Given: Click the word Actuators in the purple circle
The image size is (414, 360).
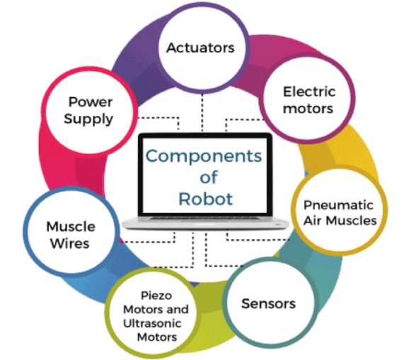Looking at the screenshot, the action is (x=200, y=48).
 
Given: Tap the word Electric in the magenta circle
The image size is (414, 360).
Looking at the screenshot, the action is (x=309, y=92).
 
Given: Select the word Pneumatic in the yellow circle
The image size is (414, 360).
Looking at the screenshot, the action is (x=338, y=205).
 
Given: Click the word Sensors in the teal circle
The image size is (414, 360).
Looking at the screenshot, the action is (x=268, y=303).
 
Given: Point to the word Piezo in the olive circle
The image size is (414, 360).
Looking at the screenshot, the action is (x=156, y=296).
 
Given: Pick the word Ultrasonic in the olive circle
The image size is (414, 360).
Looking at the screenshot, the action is (x=152, y=323).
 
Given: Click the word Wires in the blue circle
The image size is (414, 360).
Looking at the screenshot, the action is (x=70, y=243).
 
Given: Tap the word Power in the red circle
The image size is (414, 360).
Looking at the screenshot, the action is (x=91, y=102).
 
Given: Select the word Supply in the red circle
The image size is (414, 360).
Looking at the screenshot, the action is (x=88, y=119).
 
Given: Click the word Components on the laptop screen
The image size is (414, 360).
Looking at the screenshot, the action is (x=204, y=156).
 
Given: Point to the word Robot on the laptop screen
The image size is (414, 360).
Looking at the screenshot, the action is (x=206, y=199).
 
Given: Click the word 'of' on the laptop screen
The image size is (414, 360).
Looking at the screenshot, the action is (x=209, y=177).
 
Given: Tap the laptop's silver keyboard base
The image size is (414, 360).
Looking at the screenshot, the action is (x=205, y=223).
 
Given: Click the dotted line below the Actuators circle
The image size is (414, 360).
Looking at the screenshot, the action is (x=202, y=112).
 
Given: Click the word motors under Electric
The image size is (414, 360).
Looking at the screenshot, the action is (x=308, y=109).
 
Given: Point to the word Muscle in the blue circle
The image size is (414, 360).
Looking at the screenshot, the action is (x=71, y=227).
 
